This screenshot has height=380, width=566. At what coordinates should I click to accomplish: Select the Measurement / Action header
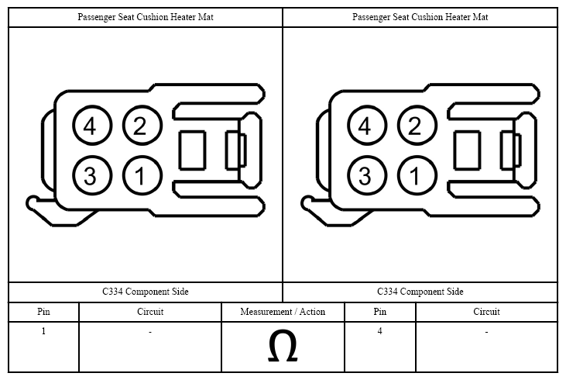pyautogui.click(x=283, y=312)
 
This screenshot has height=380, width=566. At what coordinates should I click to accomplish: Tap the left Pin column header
pyautogui.click(x=43, y=312)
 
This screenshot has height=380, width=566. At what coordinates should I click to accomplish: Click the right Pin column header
pyautogui.click(x=379, y=312)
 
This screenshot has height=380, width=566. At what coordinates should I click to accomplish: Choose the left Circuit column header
pyautogui.click(x=150, y=312)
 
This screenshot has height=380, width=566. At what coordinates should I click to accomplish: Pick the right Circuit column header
pyautogui.click(x=486, y=312)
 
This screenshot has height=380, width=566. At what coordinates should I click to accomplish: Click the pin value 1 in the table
pyautogui.click(x=43, y=331)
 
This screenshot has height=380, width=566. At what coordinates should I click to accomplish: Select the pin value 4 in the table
pyautogui.click(x=379, y=331)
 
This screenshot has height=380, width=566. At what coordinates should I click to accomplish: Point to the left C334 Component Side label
pyautogui.click(x=146, y=292)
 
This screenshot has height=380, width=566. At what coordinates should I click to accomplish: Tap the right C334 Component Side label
pyautogui.click(x=420, y=292)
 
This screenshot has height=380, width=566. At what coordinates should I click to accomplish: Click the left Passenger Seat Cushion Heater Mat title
pyautogui.click(x=146, y=17)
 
